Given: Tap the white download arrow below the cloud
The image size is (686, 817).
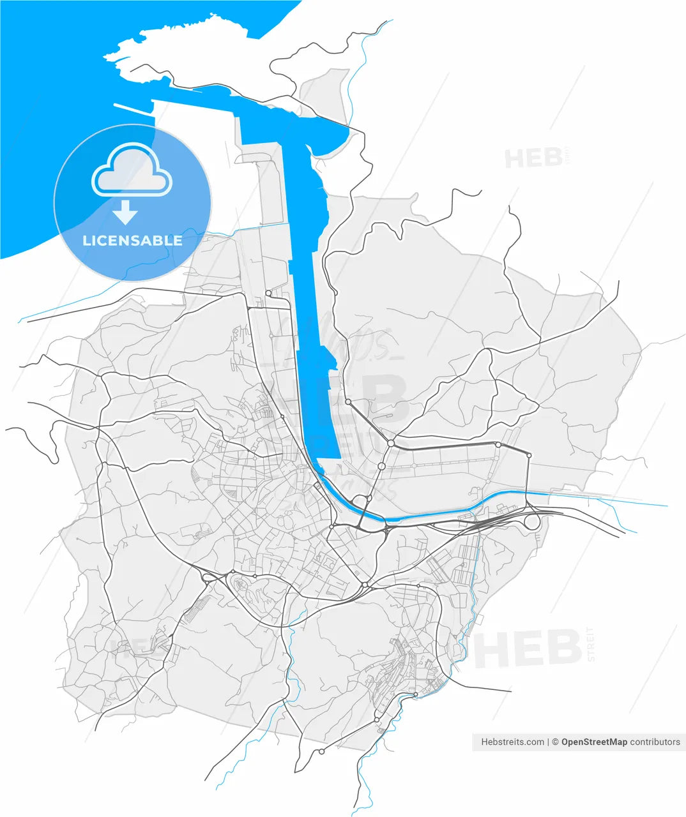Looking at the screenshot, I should click(x=126, y=213).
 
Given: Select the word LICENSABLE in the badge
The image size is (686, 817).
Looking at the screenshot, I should click(x=132, y=241).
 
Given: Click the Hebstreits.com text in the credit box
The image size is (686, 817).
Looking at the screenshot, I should click(x=512, y=742).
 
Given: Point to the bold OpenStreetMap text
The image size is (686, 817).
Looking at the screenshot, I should click(x=594, y=742).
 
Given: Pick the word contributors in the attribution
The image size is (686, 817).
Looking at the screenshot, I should click(x=655, y=742).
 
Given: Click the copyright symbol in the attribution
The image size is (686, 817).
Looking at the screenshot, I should click(x=555, y=742).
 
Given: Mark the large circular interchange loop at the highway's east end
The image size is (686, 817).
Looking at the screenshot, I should click(x=532, y=521).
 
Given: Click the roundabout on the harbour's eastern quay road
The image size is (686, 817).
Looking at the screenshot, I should click(x=348, y=402).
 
